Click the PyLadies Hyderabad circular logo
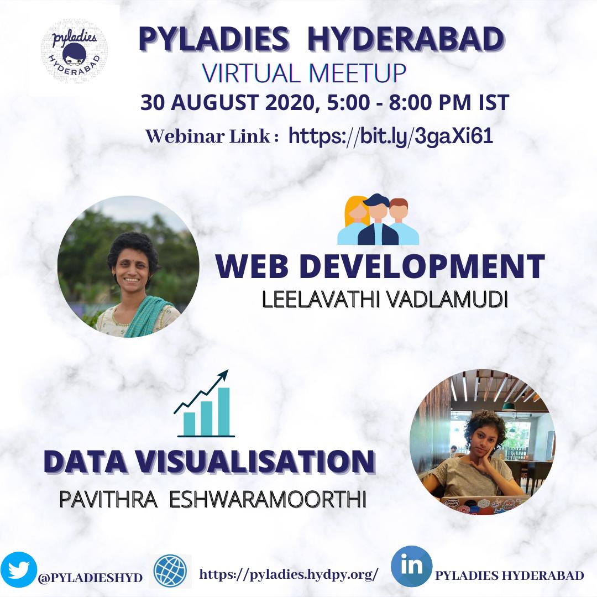pos(74,51)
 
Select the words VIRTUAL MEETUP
pos(304,73)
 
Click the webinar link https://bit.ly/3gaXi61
pos(391,136)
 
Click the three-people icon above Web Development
pos(378,219)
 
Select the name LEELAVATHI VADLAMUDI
pos(385,300)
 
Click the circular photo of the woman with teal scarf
pos(128,266)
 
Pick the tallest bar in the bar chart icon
pos(223,412)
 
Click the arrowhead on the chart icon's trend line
pos(224,374)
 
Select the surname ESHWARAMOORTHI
pos(268,500)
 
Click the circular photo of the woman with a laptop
pos(483,442)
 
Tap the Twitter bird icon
pos(18,570)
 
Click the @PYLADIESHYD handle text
pos(90,577)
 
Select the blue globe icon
pos(170,571)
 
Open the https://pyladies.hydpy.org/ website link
pos(289,574)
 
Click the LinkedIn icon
pos(412,566)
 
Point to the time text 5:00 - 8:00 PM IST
pos(418,102)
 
